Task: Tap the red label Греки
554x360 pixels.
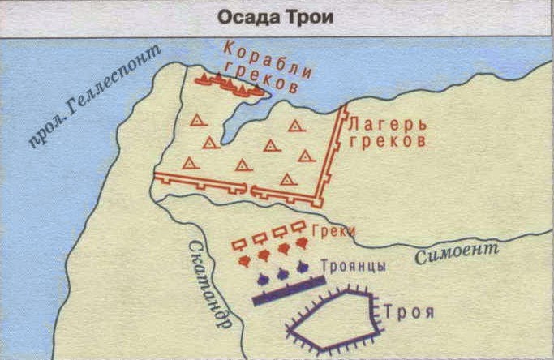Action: pyautogui.click(x=337, y=232)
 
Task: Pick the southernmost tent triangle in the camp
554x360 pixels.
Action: pyautogui.click(x=286, y=178)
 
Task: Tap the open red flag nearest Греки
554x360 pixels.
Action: pyautogui.click(x=298, y=226)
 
